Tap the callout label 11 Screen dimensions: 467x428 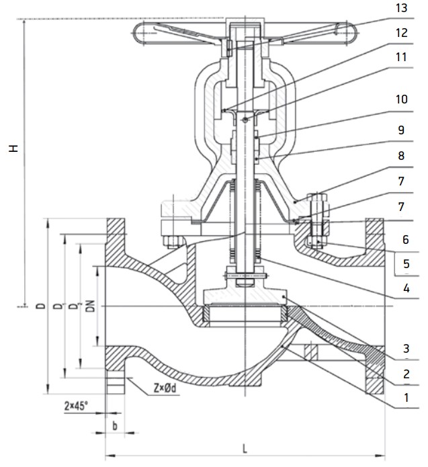(x=400, y=57)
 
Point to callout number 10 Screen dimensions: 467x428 (x=400, y=99)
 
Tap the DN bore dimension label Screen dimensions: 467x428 (x=87, y=306)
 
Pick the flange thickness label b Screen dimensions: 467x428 (x=115, y=426)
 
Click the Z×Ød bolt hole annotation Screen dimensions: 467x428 (x=165, y=389)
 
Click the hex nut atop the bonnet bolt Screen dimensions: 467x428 (x=317, y=202)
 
